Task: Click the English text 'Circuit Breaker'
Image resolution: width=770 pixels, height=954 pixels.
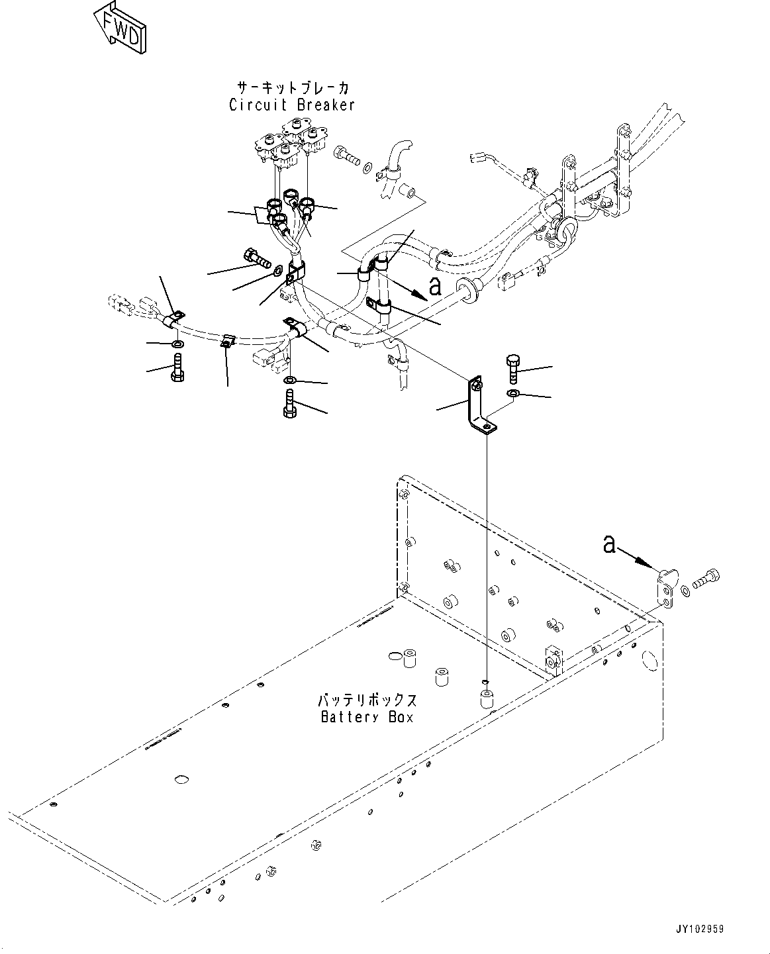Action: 292,105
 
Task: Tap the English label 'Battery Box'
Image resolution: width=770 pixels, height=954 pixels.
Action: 366,716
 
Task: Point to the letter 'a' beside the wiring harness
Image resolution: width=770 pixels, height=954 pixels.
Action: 434,286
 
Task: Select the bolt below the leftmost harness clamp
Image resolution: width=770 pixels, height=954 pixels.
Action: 177,367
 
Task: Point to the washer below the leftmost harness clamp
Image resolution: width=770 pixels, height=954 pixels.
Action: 177,344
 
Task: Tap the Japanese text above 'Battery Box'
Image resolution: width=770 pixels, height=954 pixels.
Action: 366,700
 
